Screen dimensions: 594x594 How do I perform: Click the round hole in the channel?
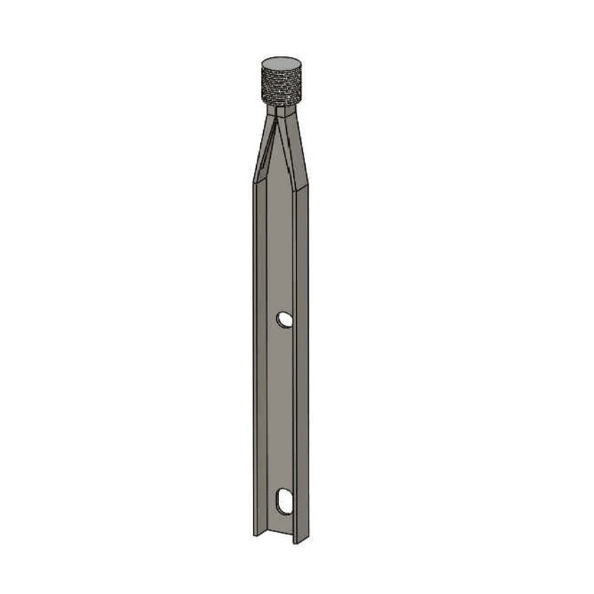tap(284, 320)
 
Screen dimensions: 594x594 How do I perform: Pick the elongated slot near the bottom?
tap(284, 501)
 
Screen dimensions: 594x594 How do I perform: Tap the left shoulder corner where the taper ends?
tap(254, 182)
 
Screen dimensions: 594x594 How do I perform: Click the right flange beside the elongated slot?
tap(301, 502)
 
